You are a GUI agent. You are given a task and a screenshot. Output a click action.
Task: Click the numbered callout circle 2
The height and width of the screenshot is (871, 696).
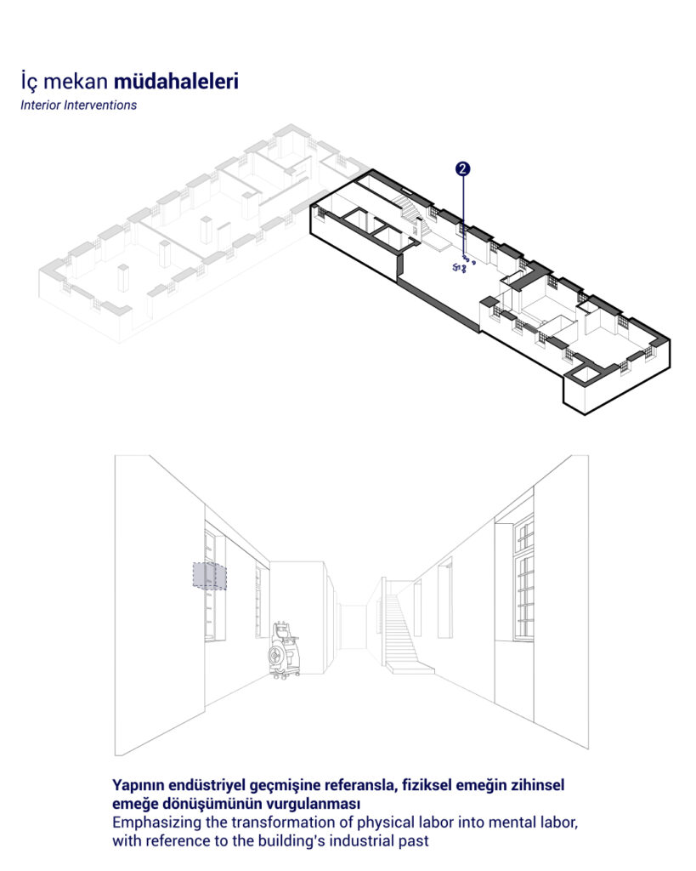click(462, 169)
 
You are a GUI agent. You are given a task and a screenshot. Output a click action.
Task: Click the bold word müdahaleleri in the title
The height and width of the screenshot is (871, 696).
click(176, 82)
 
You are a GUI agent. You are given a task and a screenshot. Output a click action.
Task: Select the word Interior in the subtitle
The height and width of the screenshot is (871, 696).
click(40, 105)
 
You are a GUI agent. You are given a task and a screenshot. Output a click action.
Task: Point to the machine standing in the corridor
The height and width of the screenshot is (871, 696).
click(286, 650)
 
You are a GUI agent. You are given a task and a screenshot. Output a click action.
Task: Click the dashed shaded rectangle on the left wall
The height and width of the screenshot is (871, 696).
click(209, 576)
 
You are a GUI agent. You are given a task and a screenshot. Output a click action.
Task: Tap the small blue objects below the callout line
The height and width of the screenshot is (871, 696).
click(463, 265)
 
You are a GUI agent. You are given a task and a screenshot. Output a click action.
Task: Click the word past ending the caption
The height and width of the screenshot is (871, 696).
click(415, 841)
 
